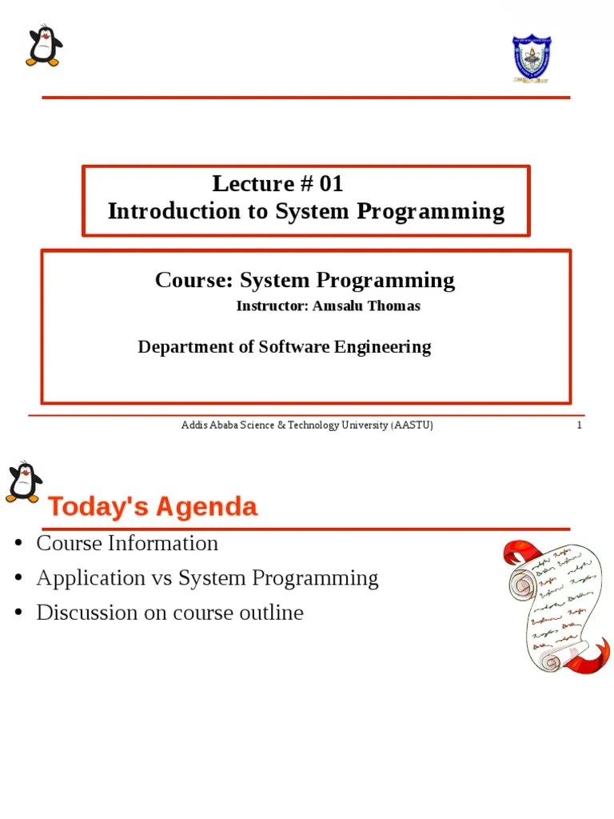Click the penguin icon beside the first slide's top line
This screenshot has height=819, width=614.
coord(43,46)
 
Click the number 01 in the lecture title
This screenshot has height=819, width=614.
coord(331,184)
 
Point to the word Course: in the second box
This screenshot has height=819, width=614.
coord(193,281)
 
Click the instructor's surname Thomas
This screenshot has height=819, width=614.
coord(393,306)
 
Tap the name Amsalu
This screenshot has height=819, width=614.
coord(335,306)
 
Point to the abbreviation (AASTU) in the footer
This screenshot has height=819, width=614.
coord(413,425)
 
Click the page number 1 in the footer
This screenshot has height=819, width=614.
coord(579,425)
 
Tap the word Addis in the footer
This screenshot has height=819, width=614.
coord(193,425)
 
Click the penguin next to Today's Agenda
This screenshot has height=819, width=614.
coord(24,482)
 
